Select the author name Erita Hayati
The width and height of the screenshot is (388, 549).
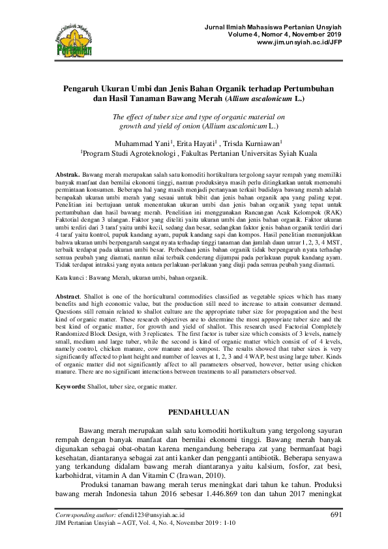pyautogui.click(x=196, y=143)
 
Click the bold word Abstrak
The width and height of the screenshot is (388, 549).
pyautogui.click(x=67, y=175)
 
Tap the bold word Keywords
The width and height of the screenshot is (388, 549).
pyautogui.click(x=70, y=387)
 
